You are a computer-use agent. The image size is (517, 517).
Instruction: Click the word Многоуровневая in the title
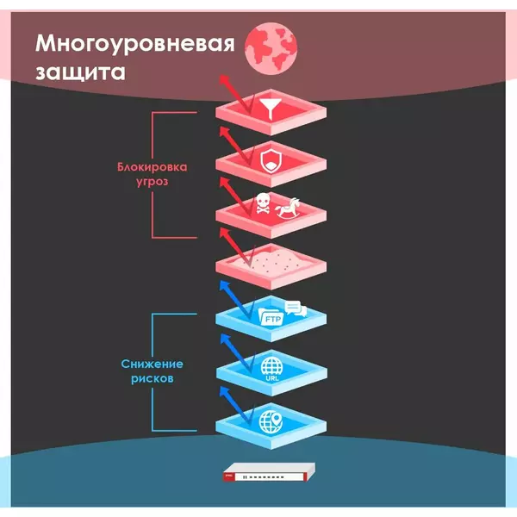(135, 44)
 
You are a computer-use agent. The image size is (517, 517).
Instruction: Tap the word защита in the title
(80, 72)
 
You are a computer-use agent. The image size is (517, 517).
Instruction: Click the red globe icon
(271, 48)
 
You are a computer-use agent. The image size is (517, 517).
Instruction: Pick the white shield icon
(271, 160)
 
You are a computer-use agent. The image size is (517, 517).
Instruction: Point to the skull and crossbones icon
(263, 203)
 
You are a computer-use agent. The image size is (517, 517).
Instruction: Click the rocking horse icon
(288, 208)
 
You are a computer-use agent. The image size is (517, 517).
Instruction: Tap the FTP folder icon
(271, 317)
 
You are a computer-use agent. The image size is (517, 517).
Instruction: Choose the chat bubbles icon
(296, 308)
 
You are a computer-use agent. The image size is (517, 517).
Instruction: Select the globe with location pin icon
(271, 422)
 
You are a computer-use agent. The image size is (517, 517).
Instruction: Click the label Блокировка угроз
(153, 174)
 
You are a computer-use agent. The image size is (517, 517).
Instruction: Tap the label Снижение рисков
(152, 371)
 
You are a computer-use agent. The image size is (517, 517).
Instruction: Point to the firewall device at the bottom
(269, 472)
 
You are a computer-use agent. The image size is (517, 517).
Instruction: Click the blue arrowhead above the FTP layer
(225, 285)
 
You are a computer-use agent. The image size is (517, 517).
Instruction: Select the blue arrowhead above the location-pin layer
(225, 392)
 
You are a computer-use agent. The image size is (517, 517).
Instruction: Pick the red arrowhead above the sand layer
(225, 233)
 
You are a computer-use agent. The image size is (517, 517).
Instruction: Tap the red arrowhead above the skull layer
(225, 182)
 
